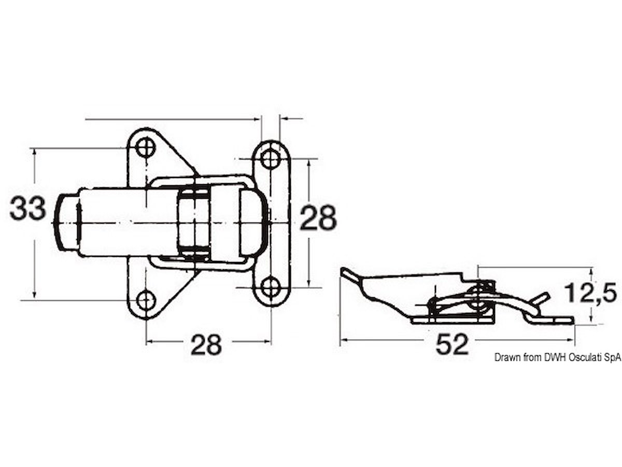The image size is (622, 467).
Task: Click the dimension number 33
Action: pos(28,209)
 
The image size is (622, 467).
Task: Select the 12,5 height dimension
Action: pos(590,293)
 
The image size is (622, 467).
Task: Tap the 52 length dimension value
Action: pos(452,344)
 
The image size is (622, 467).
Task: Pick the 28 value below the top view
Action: pos(206,345)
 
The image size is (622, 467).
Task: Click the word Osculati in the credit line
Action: pos(578,358)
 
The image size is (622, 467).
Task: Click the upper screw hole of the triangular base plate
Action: pos(146,148)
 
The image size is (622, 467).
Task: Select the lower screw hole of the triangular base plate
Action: pos(146,300)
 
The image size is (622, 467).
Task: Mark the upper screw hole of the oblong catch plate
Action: pos(271,159)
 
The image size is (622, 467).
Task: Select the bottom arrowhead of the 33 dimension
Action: pos(35,294)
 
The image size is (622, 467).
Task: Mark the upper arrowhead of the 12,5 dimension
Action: pos(591,273)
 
